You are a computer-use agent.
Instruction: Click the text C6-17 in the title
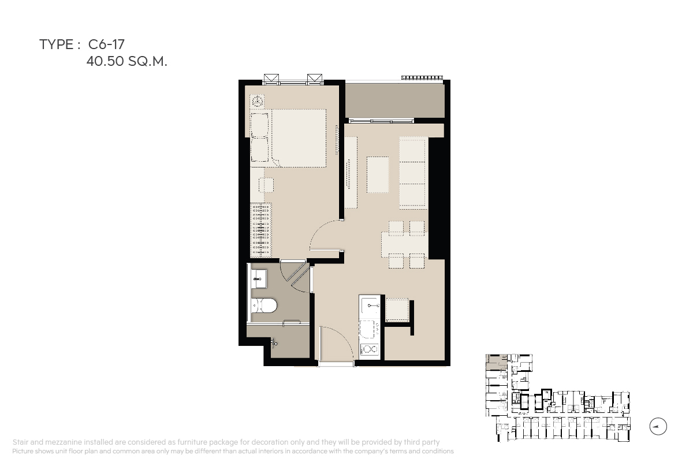[106, 44]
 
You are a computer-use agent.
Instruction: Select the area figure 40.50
[105, 61]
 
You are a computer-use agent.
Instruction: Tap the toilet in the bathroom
[264, 305]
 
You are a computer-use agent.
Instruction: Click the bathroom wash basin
[259, 279]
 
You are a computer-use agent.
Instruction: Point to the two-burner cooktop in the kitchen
[370, 349]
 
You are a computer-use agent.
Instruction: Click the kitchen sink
[370, 305]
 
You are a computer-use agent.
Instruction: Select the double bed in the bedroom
[288, 138]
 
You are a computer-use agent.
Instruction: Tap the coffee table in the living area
[378, 175]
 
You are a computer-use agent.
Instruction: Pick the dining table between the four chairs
[405, 244]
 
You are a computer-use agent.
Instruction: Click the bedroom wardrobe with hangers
[261, 230]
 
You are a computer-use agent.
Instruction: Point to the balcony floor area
[395, 100]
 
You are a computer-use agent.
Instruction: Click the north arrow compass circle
[658, 426]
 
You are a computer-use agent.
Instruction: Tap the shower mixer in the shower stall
[274, 342]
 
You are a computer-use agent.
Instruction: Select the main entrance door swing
[337, 344]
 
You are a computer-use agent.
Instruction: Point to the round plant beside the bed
[257, 101]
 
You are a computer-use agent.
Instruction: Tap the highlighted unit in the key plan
[496, 362]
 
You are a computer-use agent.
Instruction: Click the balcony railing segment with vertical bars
[422, 77]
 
